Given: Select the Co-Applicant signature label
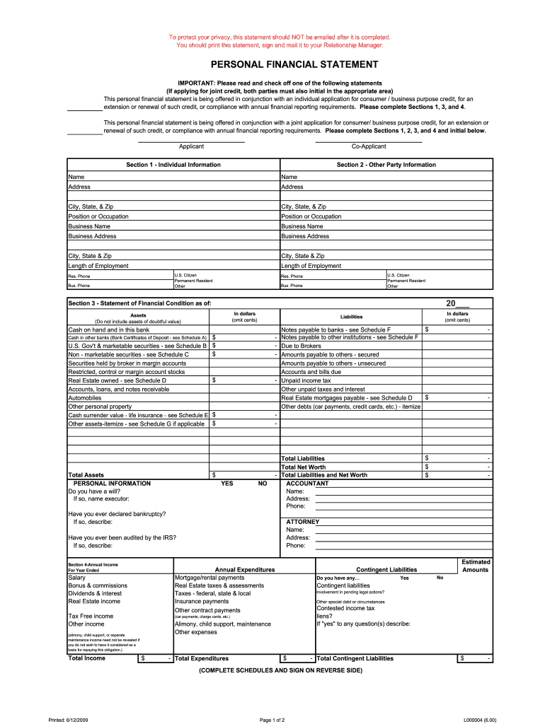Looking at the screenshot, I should [369, 146].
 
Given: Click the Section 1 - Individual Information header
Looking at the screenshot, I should [173, 165].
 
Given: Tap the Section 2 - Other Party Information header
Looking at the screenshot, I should [386, 165].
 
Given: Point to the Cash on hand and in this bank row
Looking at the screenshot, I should [109, 329].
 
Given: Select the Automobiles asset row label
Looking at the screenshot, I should [84, 398].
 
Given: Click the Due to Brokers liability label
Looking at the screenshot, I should [302, 346].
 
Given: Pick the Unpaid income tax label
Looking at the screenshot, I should [306, 380].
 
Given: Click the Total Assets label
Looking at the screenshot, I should [86, 475].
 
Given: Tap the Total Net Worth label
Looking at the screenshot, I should [304, 467].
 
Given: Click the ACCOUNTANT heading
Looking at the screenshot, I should [307, 484].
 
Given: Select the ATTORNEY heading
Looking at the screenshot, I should [303, 522].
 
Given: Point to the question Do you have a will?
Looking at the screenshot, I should [99, 491].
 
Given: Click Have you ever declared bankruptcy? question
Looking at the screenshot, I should [117, 514].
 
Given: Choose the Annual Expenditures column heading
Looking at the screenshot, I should [244, 569].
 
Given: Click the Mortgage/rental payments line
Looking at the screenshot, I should [210, 578].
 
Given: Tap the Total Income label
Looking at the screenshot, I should [87, 658].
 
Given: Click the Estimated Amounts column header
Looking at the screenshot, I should [475, 566].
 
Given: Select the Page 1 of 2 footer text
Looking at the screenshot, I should [272, 720].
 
